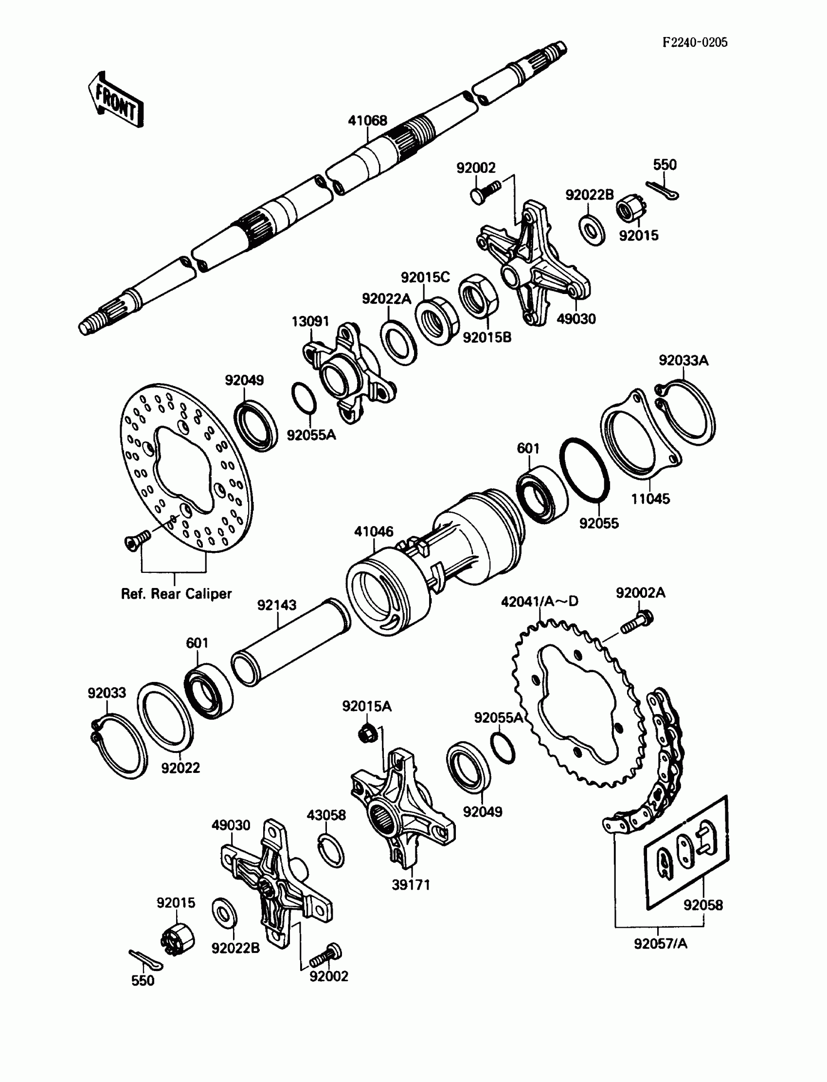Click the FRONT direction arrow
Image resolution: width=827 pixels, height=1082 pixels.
116,100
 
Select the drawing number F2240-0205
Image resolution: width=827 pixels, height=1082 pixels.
695,42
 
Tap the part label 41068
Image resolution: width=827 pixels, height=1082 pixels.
367,121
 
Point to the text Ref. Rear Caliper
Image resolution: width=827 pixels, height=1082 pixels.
176,594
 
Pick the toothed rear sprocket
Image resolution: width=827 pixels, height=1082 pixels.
579,705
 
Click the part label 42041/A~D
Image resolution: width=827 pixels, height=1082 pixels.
539,601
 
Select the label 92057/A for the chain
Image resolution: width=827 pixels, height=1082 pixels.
660,944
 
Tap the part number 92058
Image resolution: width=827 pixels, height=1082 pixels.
703,905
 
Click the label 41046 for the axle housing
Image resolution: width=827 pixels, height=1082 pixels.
374,532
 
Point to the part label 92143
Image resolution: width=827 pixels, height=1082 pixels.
277,605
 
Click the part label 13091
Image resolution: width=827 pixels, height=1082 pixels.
310,322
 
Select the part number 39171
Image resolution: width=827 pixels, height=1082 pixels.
411,885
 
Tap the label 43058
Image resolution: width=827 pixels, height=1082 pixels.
326,815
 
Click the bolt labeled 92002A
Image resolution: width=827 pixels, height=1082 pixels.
636,622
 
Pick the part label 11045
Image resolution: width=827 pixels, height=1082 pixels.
651,499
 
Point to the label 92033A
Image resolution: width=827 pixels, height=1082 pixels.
684,361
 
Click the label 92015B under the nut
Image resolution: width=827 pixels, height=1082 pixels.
487,337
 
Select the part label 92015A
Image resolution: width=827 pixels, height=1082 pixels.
367,707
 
